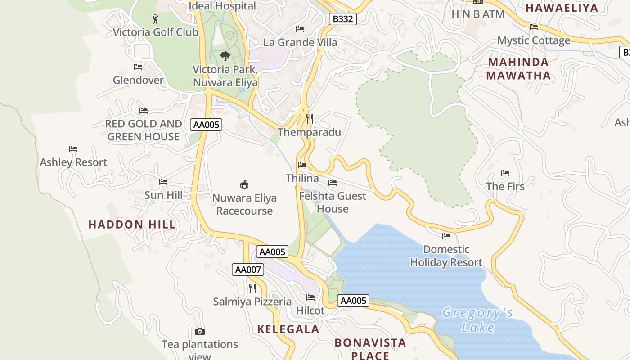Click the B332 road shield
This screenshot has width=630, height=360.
click(343, 19)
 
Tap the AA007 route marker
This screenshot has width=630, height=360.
click(248, 270)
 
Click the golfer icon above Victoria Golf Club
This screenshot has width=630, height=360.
click(155, 19)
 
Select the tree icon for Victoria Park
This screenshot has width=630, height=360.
click(225, 56)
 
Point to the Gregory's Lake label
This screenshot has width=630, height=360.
click(477, 319)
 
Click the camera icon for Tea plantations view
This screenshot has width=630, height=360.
click(200, 332)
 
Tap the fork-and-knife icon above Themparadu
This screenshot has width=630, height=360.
click(309, 119)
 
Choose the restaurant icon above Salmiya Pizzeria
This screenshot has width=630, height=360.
click(252, 288)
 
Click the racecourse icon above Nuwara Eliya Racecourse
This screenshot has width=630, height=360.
click(244, 184)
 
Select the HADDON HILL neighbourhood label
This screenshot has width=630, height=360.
click(132, 225)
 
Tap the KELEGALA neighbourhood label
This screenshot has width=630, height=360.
click(288, 329)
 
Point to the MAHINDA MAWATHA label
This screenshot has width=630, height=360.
click(518, 69)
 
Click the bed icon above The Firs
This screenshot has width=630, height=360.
click(505, 173)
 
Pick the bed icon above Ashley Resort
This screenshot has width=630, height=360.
click(73, 149)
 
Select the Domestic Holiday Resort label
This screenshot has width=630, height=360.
click(446, 256)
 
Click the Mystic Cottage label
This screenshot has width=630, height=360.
click(534, 40)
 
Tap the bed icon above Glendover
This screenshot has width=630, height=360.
click(138, 67)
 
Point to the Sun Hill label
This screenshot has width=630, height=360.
click(163, 195)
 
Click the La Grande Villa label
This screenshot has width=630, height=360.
click(300, 43)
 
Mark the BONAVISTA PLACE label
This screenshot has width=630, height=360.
click(370, 349)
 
